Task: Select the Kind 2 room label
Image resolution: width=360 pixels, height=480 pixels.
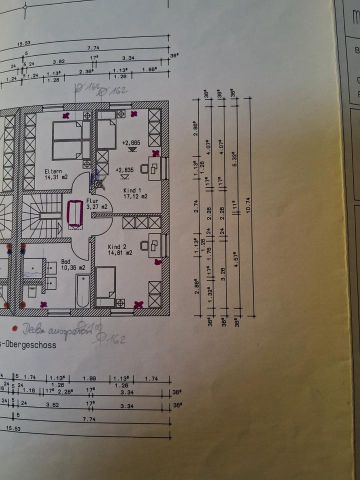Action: (120, 250)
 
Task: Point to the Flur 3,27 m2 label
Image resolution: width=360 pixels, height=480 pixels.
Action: (96, 203)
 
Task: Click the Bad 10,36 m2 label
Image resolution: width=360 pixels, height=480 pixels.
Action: (72, 264)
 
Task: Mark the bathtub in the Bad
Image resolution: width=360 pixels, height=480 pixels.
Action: (82, 290)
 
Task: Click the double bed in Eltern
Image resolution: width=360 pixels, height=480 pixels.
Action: (67, 140)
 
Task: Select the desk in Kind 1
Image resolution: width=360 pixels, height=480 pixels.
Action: (154, 168)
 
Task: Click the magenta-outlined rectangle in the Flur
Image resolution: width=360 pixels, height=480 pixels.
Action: (74, 213)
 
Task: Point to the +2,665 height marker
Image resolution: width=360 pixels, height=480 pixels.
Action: (131, 143)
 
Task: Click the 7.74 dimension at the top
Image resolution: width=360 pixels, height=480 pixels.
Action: (94, 48)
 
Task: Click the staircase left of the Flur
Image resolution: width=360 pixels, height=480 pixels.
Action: (42, 215)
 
